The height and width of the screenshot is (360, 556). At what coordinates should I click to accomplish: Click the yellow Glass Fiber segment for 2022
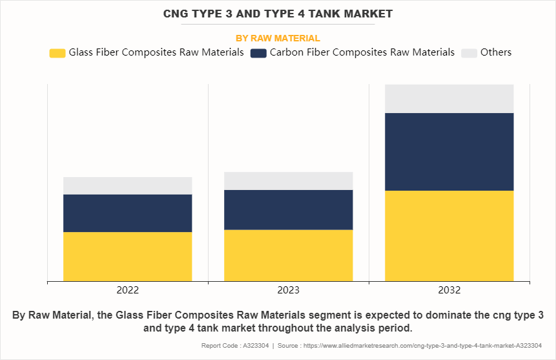pyautogui.click(x=127, y=257)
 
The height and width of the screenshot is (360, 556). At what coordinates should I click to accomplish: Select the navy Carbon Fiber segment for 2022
pyautogui.click(x=127, y=213)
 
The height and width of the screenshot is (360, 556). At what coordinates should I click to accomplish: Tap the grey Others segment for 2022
pyautogui.click(x=127, y=185)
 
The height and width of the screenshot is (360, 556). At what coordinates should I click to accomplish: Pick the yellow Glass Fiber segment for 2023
pyautogui.click(x=288, y=255)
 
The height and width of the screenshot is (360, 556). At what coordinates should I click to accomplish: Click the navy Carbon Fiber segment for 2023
pyautogui.click(x=288, y=209)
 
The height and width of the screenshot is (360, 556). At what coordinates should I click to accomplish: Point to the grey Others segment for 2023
pyautogui.click(x=288, y=181)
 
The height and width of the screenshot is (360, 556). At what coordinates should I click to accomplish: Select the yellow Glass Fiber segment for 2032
pyautogui.click(x=449, y=236)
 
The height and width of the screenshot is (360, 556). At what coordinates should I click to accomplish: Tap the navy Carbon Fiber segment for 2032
pyautogui.click(x=449, y=152)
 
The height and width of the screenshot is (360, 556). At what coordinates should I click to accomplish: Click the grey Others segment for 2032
pyautogui.click(x=449, y=99)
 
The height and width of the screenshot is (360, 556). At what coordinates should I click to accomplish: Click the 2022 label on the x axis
pyautogui.click(x=127, y=291)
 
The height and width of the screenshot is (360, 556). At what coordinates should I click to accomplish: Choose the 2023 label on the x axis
pyautogui.click(x=288, y=291)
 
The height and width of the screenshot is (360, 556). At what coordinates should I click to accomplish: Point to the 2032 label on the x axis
pyautogui.click(x=449, y=291)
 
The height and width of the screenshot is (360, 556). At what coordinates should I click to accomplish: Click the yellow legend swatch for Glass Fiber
pyautogui.click(x=57, y=53)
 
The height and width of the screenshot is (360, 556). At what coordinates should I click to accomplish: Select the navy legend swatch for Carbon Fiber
pyautogui.click(x=258, y=53)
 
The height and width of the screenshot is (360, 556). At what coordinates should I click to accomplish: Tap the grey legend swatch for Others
pyautogui.click(x=469, y=53)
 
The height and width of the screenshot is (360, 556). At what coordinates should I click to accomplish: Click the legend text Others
pyautogui.click(x=496, y=52)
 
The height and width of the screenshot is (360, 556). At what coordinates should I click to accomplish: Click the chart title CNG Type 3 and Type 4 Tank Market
pyautogui.click(x=278, y=14)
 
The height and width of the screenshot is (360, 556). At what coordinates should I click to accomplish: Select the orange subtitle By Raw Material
pyautogui.click(x=278, y=38)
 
